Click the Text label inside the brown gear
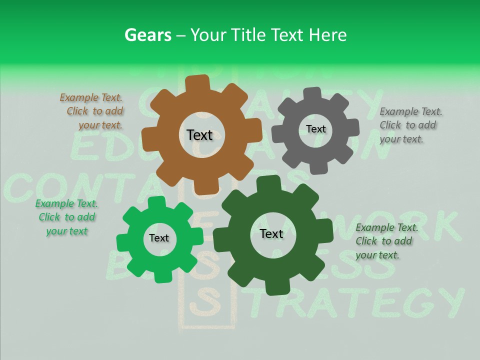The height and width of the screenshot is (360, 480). coord(199,135)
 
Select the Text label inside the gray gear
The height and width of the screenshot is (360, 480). coord(315,129)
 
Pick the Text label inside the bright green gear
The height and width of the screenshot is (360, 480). coord(159,238)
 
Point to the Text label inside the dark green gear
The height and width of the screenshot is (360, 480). coord(271,234)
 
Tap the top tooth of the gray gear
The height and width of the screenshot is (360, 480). coord(312,94)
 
